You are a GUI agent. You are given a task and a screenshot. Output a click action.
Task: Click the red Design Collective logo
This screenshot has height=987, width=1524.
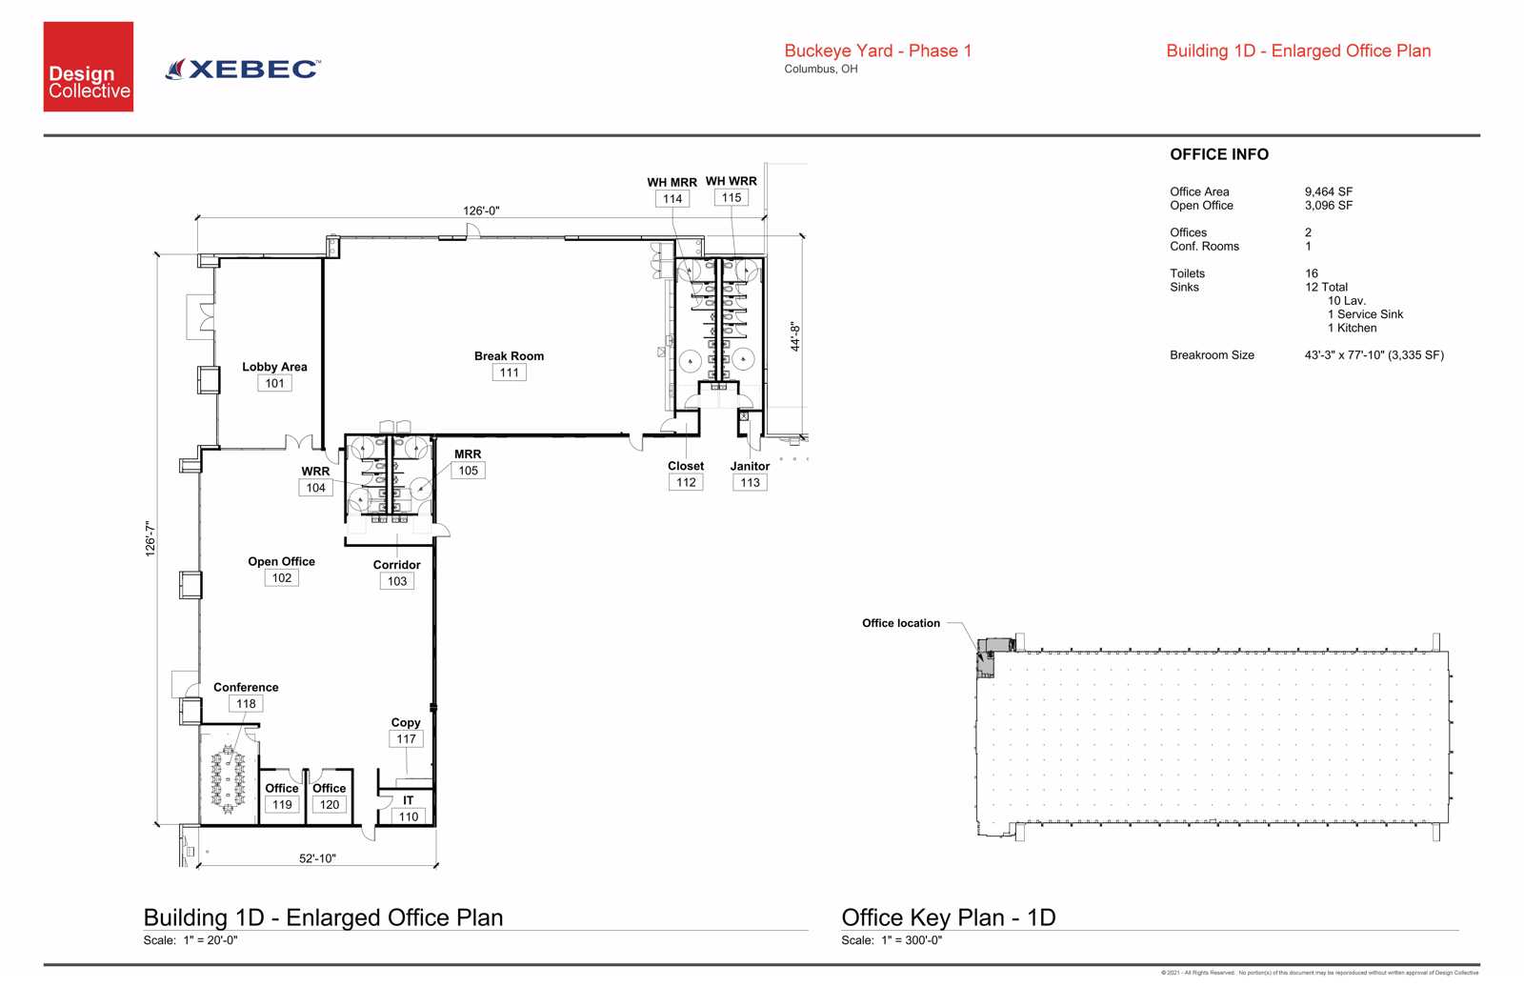(89, 67)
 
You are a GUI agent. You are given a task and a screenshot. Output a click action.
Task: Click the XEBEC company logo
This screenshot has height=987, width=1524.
(244, 69)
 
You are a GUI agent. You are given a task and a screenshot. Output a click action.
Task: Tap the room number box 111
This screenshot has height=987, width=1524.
(510, 373)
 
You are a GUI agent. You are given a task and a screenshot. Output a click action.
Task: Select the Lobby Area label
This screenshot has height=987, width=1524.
(274, 367)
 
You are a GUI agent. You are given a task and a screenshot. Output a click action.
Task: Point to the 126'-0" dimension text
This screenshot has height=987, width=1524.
(481, 211)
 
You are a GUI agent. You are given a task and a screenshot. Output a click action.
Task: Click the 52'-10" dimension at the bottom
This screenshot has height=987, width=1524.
(317, 858)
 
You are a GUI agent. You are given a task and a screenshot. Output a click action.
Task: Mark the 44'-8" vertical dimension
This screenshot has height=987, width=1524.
(795, 336)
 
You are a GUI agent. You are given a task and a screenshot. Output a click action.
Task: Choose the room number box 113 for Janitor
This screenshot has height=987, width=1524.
(750, 482)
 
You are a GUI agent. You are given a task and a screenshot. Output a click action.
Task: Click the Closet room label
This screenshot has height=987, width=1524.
(686, 466)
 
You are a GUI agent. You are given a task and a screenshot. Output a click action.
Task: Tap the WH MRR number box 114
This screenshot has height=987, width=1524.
(672, 199)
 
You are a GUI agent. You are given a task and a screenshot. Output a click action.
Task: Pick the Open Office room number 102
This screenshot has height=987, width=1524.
(282, 577)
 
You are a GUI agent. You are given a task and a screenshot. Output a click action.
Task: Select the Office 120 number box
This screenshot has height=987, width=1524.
(330, 804)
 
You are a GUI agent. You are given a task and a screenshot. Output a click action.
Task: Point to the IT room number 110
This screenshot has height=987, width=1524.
(409, 816)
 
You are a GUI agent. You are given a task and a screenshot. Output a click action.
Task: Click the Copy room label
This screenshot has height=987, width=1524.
(406, 722)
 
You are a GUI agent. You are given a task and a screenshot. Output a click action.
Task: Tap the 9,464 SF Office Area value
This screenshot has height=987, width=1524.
(1328, 191)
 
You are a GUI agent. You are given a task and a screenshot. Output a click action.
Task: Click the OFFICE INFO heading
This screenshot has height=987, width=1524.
(1218, 154)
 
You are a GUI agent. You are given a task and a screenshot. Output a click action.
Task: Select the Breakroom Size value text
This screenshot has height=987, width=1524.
(1374, 355)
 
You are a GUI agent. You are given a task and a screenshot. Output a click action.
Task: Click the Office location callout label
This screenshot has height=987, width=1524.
(900, 623)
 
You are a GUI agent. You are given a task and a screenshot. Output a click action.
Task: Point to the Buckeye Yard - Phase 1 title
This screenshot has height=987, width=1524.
(877, 51)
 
